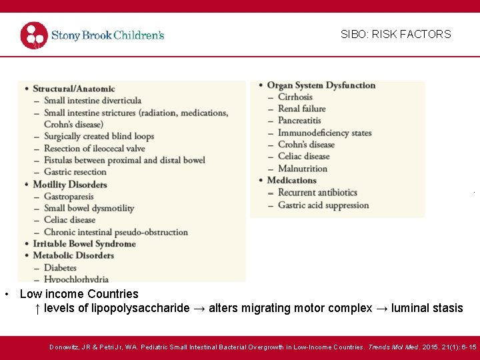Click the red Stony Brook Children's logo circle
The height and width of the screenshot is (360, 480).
[x=34, y=35]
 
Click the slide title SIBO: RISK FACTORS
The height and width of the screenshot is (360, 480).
[x=395, y=34]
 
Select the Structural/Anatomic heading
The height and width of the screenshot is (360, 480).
[x=73, y=89]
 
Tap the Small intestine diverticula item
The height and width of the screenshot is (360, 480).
[x=93, y=101]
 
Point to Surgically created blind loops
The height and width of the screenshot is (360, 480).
[x=99, y=136]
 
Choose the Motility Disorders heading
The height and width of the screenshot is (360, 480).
[x=69, y=184]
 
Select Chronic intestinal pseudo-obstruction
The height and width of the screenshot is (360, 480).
[x=116, y=232]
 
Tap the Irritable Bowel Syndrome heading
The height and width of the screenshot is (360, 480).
[x=84, y=243]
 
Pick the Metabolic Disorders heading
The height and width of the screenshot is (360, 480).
[x=73, y=255]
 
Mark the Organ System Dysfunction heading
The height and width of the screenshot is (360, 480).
[x=321, y=85]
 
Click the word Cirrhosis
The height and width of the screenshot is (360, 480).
[x=295, y=97]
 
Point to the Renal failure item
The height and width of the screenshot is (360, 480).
[x=302, y=109]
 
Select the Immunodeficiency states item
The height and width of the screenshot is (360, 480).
[x=325, y=133]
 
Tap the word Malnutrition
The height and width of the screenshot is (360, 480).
[x=303, y=169]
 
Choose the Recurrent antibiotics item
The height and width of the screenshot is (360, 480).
[x=317, y=193]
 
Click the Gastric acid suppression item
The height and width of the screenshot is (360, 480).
[x=323, y=205]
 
